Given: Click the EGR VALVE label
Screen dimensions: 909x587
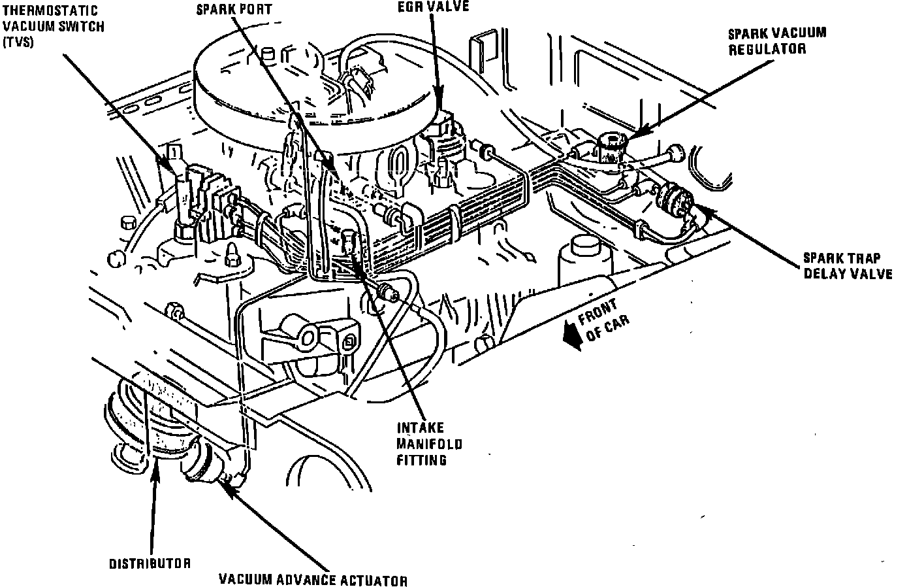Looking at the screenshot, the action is pos(434,7).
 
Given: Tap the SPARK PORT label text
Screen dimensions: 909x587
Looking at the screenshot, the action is pos(234,10).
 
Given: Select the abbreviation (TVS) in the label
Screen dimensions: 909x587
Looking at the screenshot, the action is pos(18,42).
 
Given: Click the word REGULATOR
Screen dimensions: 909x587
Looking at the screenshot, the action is pos(767,49).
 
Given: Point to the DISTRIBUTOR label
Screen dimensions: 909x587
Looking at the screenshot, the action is pos(150,563).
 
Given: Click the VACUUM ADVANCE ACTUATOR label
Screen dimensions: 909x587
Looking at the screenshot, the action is pos(313,580).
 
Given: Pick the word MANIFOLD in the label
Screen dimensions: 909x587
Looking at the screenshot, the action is pos(430,444).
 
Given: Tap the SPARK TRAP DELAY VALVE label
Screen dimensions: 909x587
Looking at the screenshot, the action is pos(848,266).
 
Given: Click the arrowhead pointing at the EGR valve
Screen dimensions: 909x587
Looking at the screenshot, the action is pos(438,97).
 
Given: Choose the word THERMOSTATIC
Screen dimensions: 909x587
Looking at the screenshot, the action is pos(50,10).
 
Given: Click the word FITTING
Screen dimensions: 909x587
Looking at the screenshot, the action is pos(422,460).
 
